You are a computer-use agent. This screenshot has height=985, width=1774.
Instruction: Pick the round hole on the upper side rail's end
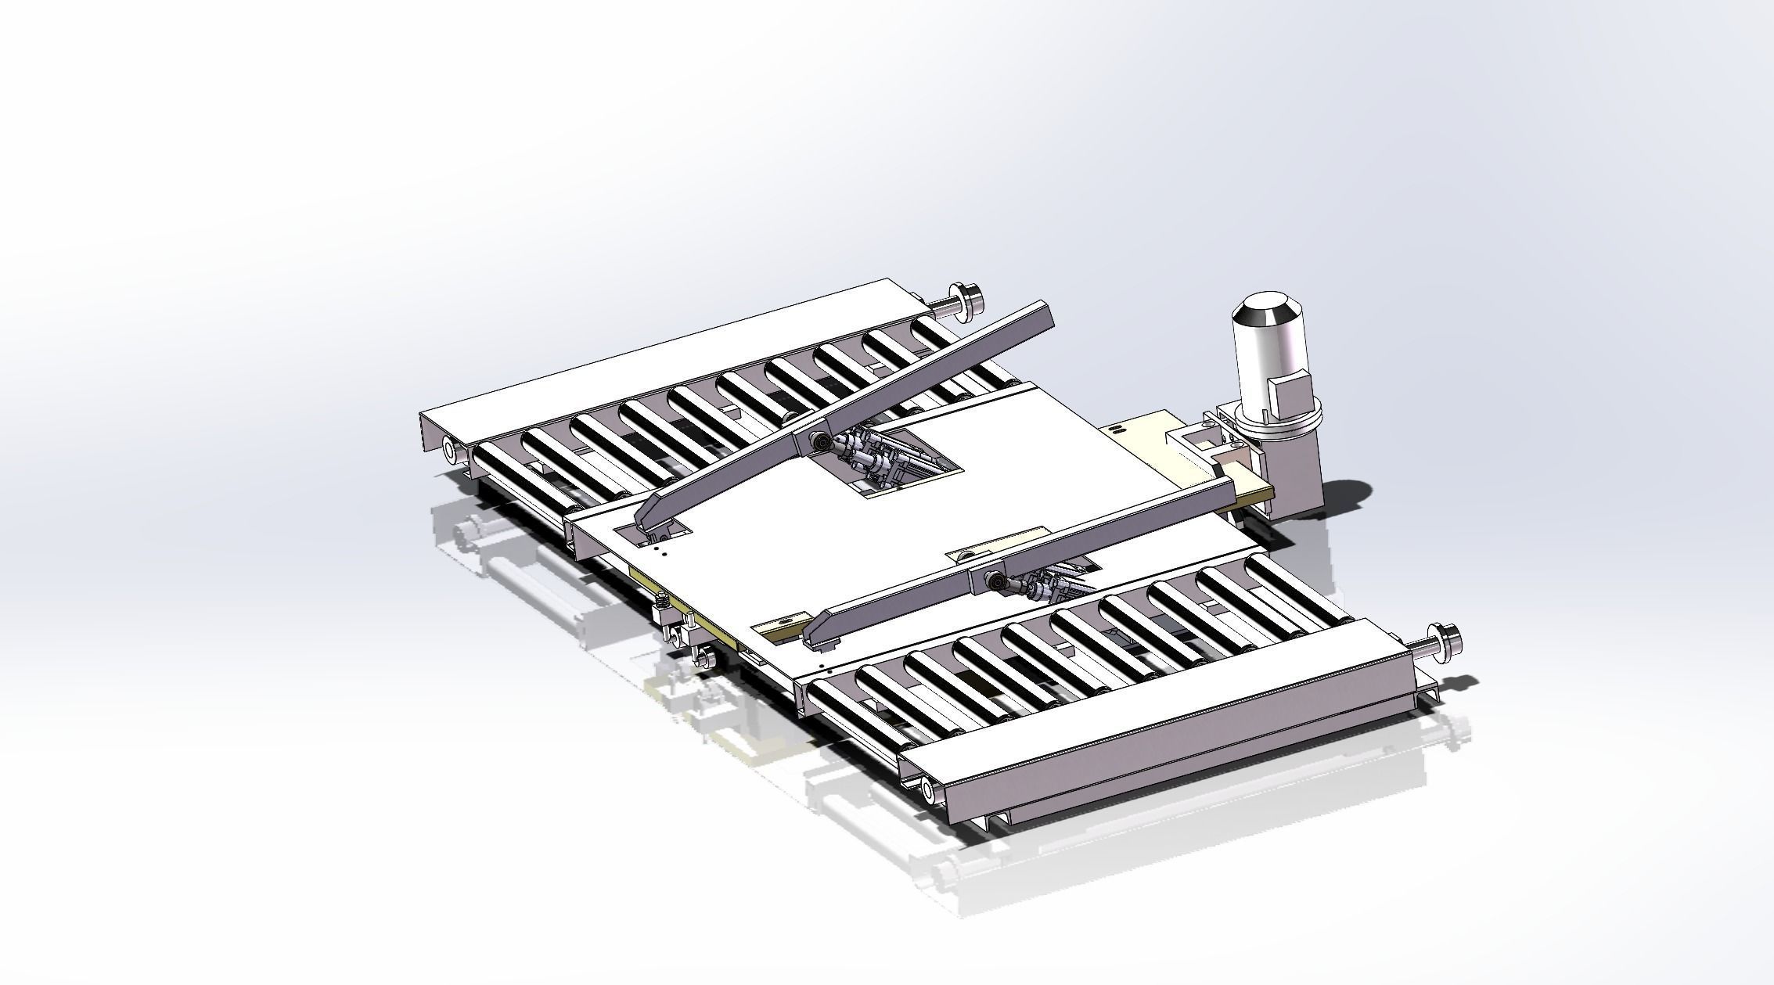tap(450, 449)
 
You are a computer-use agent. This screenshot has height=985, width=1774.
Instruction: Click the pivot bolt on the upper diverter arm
tap(820, 442)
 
